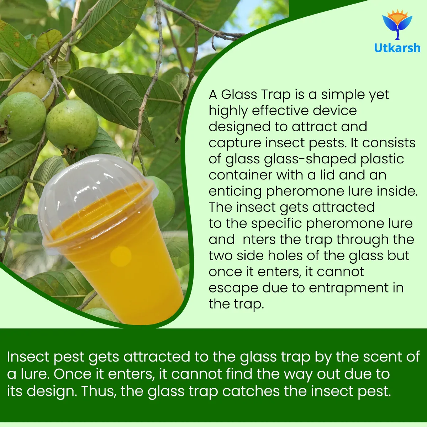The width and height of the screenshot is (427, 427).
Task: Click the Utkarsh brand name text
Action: click(397, 48)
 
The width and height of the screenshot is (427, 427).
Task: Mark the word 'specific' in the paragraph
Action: click(276, 223)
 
